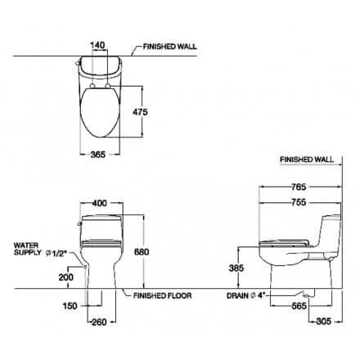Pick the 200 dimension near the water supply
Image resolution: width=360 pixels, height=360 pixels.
coord(65,277)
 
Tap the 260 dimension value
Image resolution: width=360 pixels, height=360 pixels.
coord(101,322)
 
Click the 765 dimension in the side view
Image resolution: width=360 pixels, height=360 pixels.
coord(299,187)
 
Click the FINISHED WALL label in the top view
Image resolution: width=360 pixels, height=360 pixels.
coord(175,48)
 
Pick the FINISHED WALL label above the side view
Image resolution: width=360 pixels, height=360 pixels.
coord(306,161)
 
